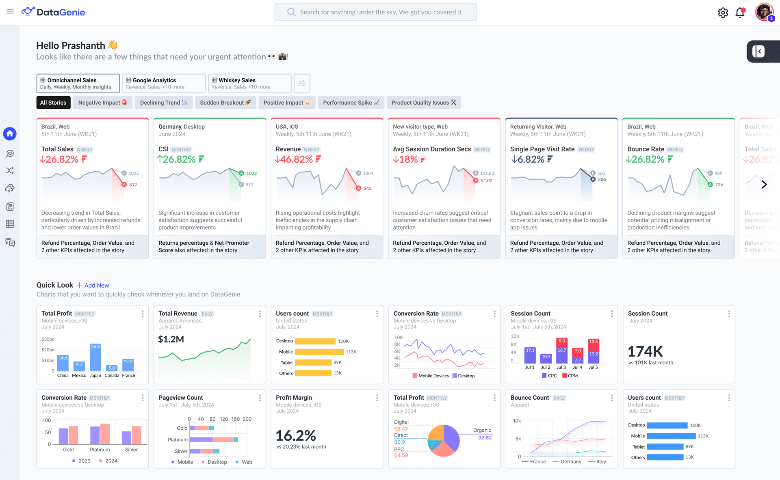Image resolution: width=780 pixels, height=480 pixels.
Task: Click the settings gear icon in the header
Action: click(723, 13)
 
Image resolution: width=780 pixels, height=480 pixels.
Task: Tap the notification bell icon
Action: click(740, 13)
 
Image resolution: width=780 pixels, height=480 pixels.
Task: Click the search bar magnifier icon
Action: click(291, 12)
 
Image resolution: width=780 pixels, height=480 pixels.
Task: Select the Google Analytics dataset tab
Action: click(164, 83)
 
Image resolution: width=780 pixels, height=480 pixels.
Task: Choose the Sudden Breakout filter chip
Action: click(225, 103)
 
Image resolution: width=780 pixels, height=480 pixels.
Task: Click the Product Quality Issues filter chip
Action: click(423, 103)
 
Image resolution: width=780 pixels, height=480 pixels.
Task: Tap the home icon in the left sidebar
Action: click(10, 133)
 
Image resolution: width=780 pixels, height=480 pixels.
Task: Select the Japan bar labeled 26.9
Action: click(95, 357)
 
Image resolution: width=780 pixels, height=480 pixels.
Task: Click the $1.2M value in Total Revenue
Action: click(171, 339)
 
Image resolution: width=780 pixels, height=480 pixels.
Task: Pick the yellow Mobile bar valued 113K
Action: click(319, 352)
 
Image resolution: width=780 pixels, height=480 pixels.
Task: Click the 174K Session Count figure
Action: click(645, 351)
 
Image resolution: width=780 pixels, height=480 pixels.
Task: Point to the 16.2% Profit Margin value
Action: click(296, 436)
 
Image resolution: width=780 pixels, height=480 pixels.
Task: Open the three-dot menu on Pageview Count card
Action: click(260, 398)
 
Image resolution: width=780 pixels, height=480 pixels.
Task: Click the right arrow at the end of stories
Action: click(764, 185)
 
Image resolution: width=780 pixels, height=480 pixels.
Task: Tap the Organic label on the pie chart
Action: click(482, 430)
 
